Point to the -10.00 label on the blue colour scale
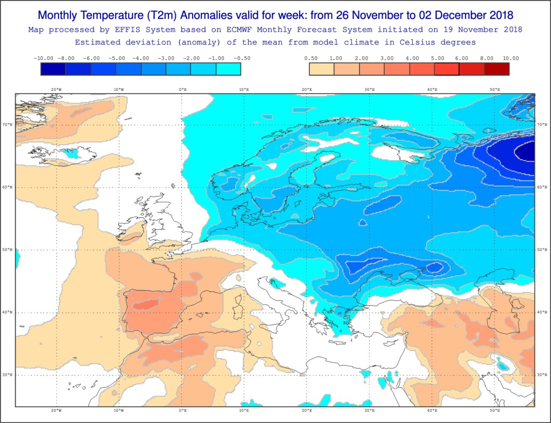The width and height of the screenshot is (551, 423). [43, 58]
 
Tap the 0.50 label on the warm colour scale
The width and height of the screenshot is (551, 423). [310, 58]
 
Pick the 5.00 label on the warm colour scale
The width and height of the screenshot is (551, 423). [437, 58]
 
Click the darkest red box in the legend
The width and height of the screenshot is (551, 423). [497, 69]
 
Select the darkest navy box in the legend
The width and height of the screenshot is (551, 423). [53, 69]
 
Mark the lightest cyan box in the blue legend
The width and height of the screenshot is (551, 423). [228, 69]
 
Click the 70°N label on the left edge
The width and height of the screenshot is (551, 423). [8, 125]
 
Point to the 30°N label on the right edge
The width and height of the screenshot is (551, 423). [542, 375]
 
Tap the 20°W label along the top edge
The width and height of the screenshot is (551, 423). [56, 90]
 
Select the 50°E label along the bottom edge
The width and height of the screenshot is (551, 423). [495, 411]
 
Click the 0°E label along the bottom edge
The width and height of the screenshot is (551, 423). [182, 411]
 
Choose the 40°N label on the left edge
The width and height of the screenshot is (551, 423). [8, 313]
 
